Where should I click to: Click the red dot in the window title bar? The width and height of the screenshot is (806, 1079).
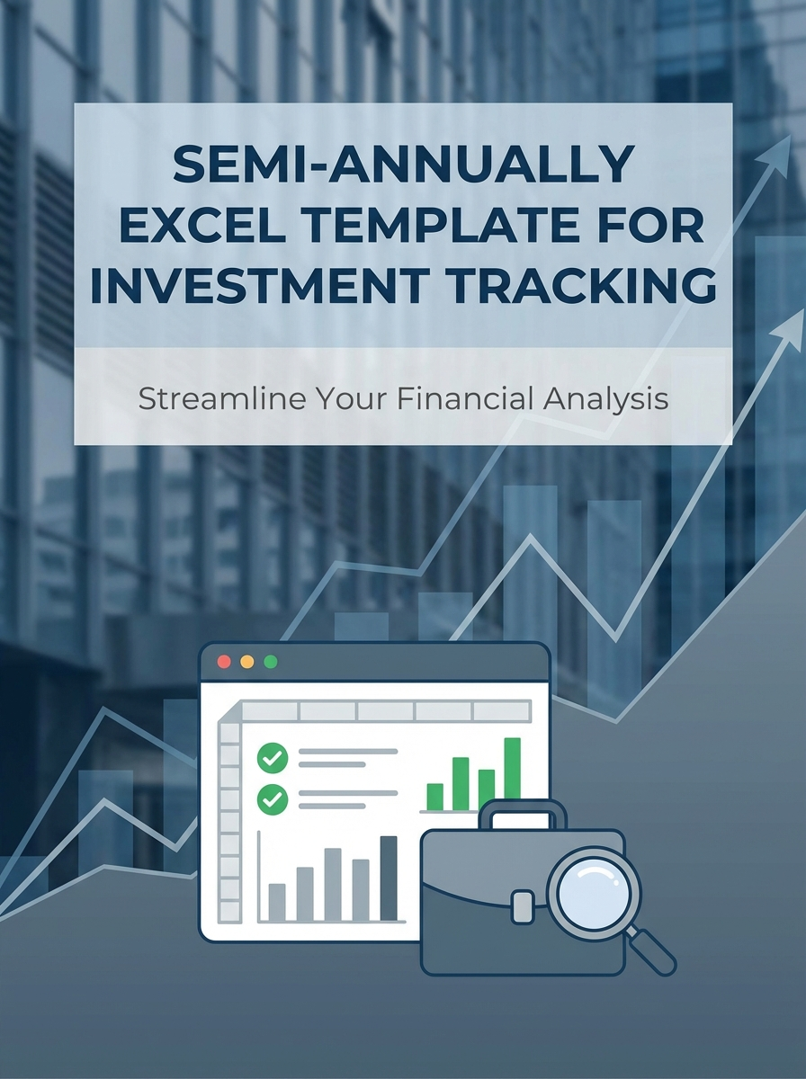[225, 662]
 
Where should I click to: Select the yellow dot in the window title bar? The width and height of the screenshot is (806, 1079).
[247, 662]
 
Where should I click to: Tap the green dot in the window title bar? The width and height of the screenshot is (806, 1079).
[270, 662]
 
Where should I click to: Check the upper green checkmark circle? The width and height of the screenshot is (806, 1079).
[272, 757]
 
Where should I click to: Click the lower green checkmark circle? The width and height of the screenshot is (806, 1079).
[272, 798]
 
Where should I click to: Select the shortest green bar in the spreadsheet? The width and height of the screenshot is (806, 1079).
[434, 797]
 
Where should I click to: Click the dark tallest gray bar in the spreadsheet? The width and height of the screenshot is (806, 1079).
[389, 878]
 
